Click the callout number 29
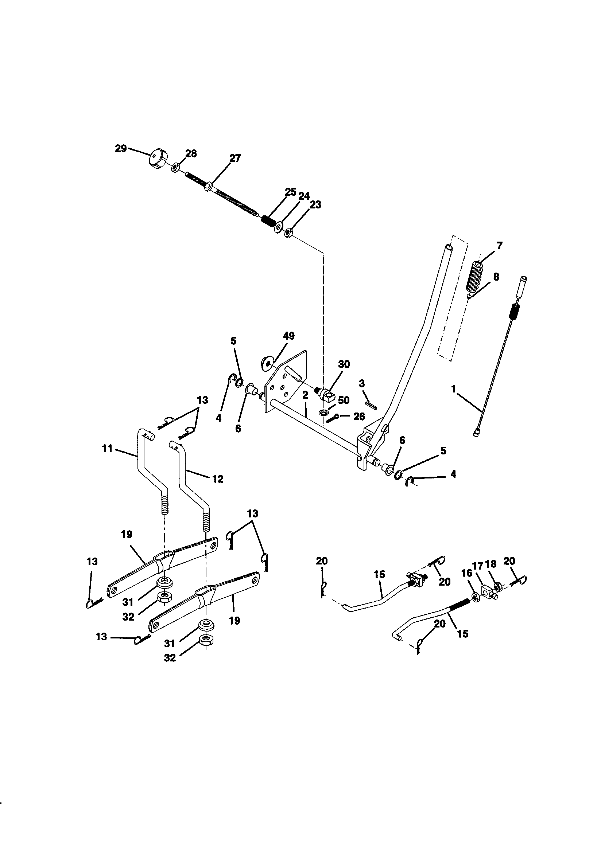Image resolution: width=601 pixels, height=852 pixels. [121, 149]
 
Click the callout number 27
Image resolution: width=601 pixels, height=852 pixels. [235, 158]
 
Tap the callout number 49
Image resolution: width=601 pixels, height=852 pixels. [288, 336]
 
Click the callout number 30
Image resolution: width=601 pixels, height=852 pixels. [344, 364]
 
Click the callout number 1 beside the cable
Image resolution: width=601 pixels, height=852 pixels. [453, 389]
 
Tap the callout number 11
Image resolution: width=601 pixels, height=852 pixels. [107, 449]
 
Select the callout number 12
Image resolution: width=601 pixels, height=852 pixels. [218, 479]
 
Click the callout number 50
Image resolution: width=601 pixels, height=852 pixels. [344, 400]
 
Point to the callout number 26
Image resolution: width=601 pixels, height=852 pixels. [359, 417]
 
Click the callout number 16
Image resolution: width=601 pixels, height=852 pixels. [466, 573]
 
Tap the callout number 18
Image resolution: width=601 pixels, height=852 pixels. [491, 564]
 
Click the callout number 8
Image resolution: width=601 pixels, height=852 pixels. [496, 277]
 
